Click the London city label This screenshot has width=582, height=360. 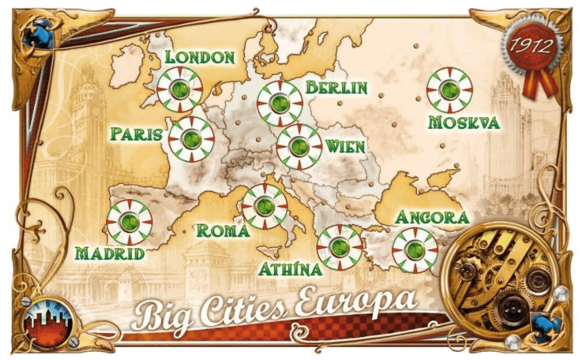click(200, 56)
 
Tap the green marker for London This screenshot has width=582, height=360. click(180, 89)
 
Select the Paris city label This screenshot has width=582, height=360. click(137, 134)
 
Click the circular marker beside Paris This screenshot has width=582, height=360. click(191, 139)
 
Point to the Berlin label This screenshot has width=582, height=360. click(336, 88)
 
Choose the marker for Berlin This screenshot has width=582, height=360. click(280, 103)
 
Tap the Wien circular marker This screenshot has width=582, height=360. click(299, 146)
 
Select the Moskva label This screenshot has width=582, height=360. click(464, 123)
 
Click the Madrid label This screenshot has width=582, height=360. click(110, 253)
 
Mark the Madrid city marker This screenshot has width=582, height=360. click(130, 222)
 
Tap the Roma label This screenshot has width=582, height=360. click(223, 231)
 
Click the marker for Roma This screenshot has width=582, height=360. click(264, 206)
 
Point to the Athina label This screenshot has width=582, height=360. click(290, 268)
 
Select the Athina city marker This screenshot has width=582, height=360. click(339, 247)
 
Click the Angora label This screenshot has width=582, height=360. click(431, 217)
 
